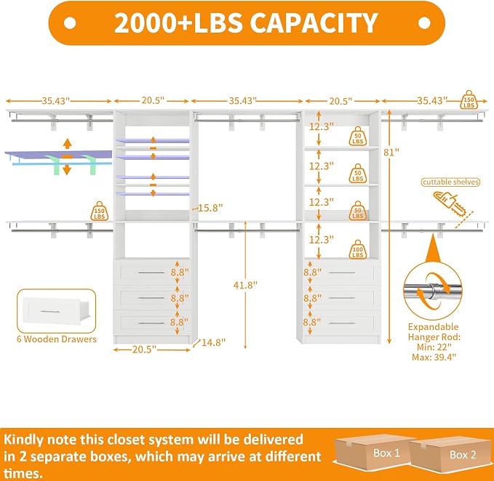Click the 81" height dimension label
[391, 153]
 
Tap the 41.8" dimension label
[245, 285]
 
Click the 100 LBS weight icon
[358, 249]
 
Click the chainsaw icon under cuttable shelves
[451, 203]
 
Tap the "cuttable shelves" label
[450, 182]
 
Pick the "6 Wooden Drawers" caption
[57, 339]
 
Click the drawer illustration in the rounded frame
[56, 312]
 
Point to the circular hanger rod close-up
[433, 291]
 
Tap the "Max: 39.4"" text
[434, 357]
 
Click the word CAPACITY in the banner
[314, 23]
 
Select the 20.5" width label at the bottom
[144, 349]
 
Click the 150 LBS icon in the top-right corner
[469, 100]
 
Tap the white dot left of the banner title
[70, 23]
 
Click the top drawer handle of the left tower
[151, 272]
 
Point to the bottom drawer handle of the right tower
[342, 323]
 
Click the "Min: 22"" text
[434, 347]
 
